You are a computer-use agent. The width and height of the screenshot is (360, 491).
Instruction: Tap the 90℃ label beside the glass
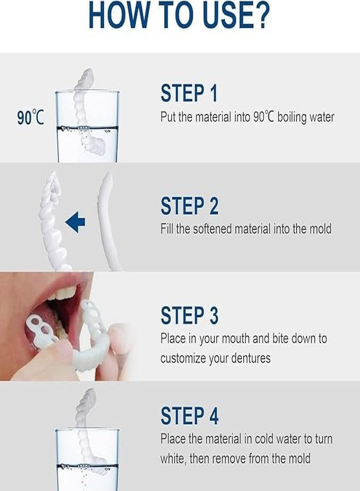(30, 117)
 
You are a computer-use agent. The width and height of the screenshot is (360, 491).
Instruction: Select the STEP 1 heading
(189, 93)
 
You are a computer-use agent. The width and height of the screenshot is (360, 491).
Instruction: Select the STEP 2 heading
(189, 206)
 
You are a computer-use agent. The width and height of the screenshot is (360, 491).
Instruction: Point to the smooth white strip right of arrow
(107, 221)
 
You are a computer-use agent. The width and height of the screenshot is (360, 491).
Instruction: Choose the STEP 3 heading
(189, 315)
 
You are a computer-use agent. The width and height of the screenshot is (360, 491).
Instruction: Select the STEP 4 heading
(189, 416)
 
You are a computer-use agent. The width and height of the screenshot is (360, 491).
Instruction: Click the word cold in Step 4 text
(277, 439)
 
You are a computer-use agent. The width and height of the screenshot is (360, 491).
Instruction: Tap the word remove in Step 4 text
(229, 458)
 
